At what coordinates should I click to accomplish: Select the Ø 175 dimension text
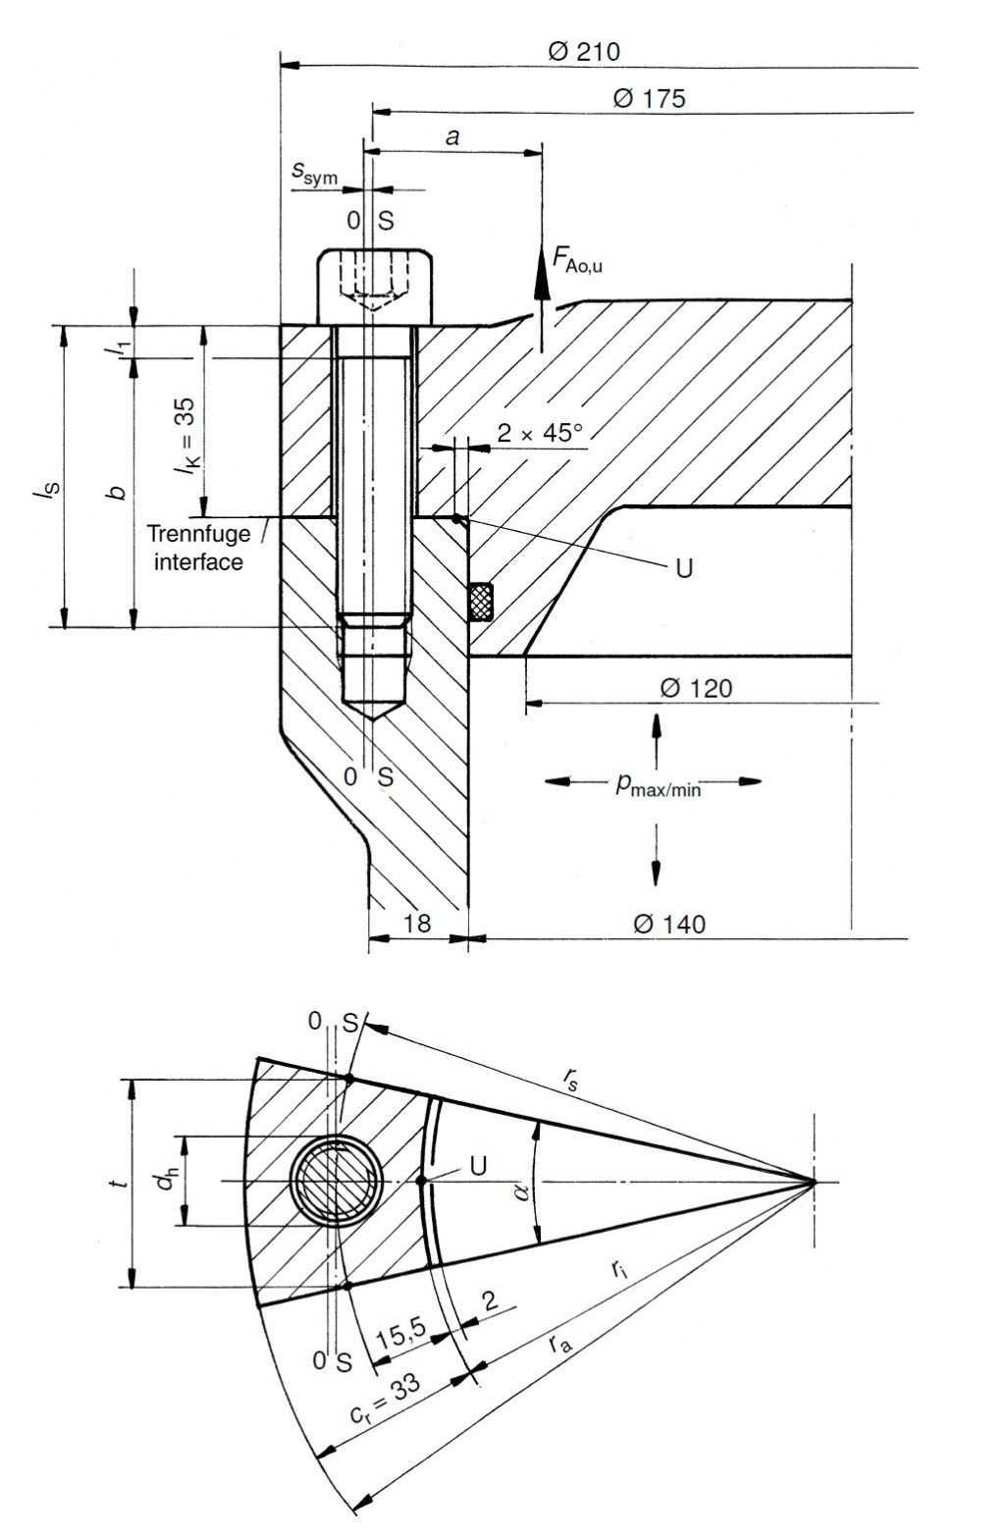tap(649, 98)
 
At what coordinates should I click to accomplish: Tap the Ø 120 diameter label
tap(696, 688)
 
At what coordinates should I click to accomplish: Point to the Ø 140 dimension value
tap(669, 924)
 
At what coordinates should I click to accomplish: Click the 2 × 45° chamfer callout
tap(539, 433)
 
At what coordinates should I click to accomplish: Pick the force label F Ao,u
tap(577, 260)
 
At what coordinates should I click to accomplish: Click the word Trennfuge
tap(198, 535)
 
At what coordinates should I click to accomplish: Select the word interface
tap(198, 561)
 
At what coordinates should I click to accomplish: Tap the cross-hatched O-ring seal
tap(480, 602)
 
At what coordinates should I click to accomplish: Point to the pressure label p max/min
tap(657, 784)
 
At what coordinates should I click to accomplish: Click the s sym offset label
tap(314, 175)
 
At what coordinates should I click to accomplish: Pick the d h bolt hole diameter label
tap(167, 1182)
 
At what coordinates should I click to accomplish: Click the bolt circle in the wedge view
tap(338, 1181)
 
